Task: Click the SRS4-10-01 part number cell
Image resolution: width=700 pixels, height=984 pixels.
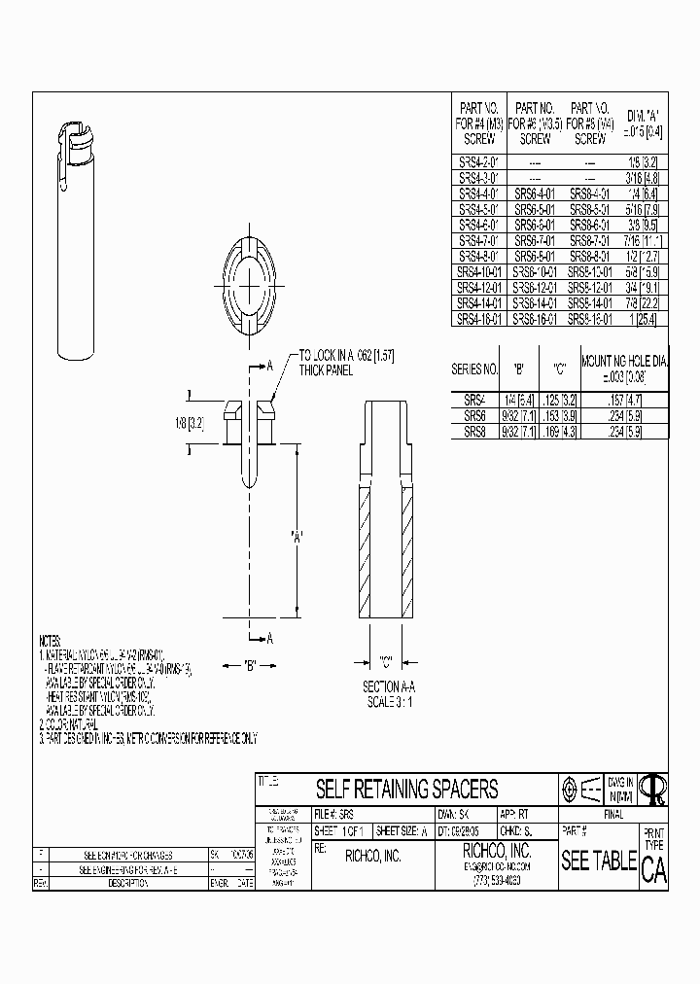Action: (479, 273)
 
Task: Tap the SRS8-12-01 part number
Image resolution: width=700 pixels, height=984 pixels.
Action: (590, 289)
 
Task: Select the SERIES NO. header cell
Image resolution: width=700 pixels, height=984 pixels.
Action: (475, 369)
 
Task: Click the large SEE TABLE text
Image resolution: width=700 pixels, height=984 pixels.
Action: (599, 861)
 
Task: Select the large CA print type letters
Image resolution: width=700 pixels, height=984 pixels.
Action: (654, 870)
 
